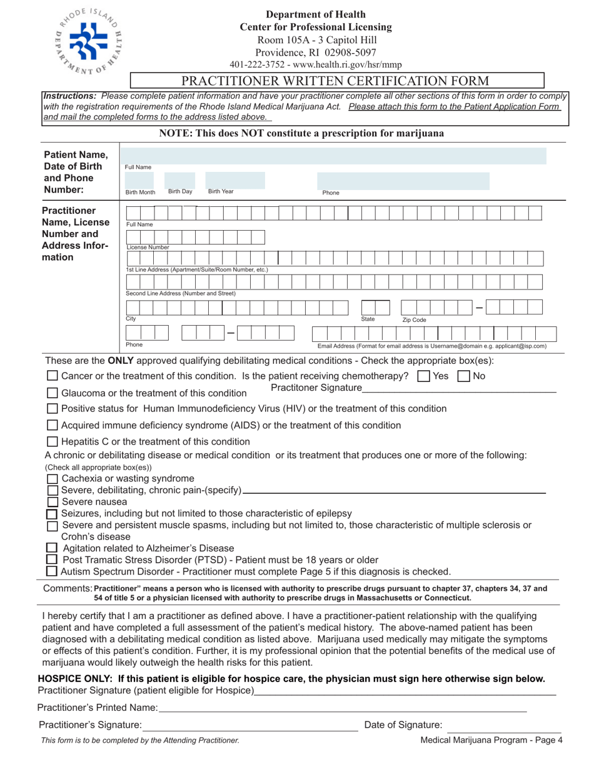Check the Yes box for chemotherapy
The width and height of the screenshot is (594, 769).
(x=423, y=376)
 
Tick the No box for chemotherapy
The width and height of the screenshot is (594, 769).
(x=464, y=376)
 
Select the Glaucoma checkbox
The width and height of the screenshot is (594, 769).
(x=53, y=393)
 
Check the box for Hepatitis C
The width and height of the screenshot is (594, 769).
(x=53, y=441)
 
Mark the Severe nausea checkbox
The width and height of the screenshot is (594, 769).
(x=53, y=502)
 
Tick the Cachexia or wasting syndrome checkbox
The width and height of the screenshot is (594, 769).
(x=53, y=479)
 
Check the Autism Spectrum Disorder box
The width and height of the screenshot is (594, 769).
(x=53, y=571)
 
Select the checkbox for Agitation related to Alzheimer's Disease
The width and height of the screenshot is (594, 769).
(x=53, y=548)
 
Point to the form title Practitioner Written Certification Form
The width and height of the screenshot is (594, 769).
(x=336, y=81)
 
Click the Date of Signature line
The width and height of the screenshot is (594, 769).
(x=503, y=726)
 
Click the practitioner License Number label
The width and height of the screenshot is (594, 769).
(x=148, y=247)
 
